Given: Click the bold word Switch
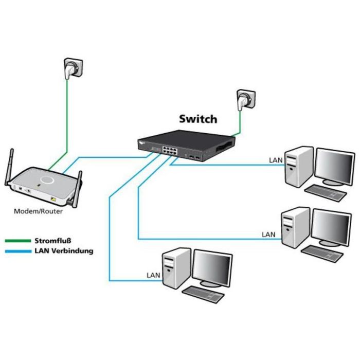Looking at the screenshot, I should click(x=198, y=119).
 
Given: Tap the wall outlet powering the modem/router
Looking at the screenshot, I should click(x=72, y=68).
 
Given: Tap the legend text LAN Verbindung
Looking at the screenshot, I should click(x=64, y=251).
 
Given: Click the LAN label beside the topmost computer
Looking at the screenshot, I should click(x=276, y=160).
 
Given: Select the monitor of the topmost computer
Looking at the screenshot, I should click(x=334, y=166).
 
